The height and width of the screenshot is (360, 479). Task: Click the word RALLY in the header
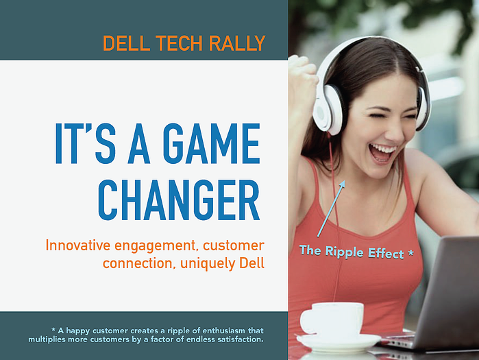(x=237, y=43)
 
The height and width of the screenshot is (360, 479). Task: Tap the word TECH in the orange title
(x=179, y=43)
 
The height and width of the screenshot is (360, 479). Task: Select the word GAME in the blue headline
(x=211, y=143)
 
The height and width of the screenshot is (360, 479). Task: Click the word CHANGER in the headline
(x=179, y=200)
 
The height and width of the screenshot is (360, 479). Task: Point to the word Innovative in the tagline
(x=78, y=245)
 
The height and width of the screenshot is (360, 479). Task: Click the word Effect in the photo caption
(x=386, y=254)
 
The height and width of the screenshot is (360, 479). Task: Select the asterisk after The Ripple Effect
(x=411, y=253)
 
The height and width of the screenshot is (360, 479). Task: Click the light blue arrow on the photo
(x=331, y=208)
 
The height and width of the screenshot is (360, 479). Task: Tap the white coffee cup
(x=332, y=319)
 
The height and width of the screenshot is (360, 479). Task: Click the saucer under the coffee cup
(x=339, y=341)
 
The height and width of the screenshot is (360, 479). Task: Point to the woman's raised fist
(x=302, y=75)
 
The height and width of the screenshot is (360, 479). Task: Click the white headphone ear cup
(x=330, y=110)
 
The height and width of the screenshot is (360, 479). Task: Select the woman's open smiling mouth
(x=381, y=153)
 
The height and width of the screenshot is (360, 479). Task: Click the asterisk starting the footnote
(x=53, y=330)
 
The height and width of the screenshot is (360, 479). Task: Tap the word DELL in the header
(x=127, y=43)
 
